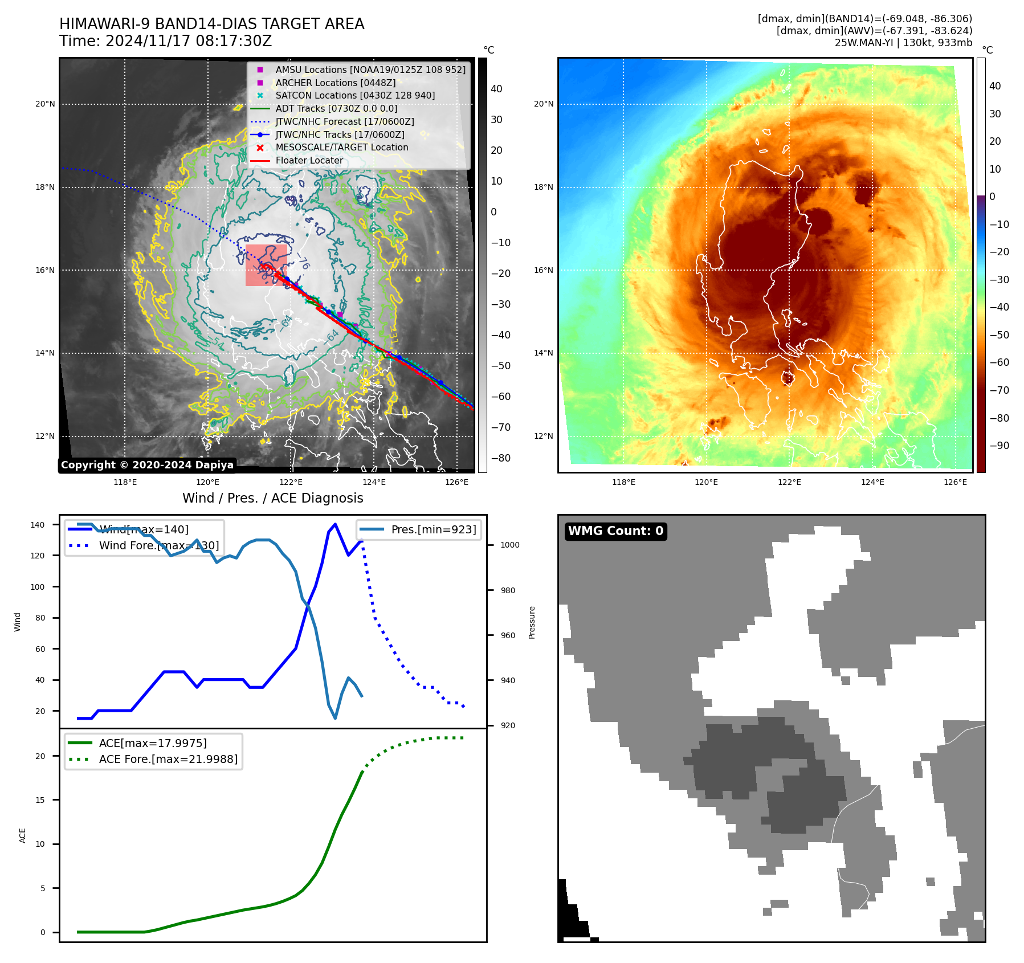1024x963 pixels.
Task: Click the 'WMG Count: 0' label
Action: point(615,531)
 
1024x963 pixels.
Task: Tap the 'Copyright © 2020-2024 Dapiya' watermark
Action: point(147,465)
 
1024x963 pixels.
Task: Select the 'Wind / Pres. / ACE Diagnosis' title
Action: point(272,498)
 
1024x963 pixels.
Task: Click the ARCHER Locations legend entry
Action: point(335,83)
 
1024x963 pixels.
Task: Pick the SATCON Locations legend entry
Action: point(354,96)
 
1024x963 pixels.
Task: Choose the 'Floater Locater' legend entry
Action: point(309,161)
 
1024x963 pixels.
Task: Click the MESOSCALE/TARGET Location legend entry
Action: point(341,148)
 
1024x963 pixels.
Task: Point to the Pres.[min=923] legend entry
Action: point(433,529)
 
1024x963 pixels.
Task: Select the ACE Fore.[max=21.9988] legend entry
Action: point(168,759)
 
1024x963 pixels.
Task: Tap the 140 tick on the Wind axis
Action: point(38,525)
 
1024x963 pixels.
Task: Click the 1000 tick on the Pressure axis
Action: point(509,545)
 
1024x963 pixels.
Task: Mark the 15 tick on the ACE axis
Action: point(40,800)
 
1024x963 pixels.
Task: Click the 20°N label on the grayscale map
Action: point(45,104)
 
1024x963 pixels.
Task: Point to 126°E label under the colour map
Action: point(955,482)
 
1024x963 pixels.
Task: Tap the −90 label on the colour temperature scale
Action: point(999,446)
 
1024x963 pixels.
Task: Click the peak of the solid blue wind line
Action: point(335,524)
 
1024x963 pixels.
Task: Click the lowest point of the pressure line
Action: point(335,718)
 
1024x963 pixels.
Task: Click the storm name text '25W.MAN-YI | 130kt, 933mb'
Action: point(903,43)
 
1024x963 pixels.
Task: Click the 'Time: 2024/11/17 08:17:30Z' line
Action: point(165,41)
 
